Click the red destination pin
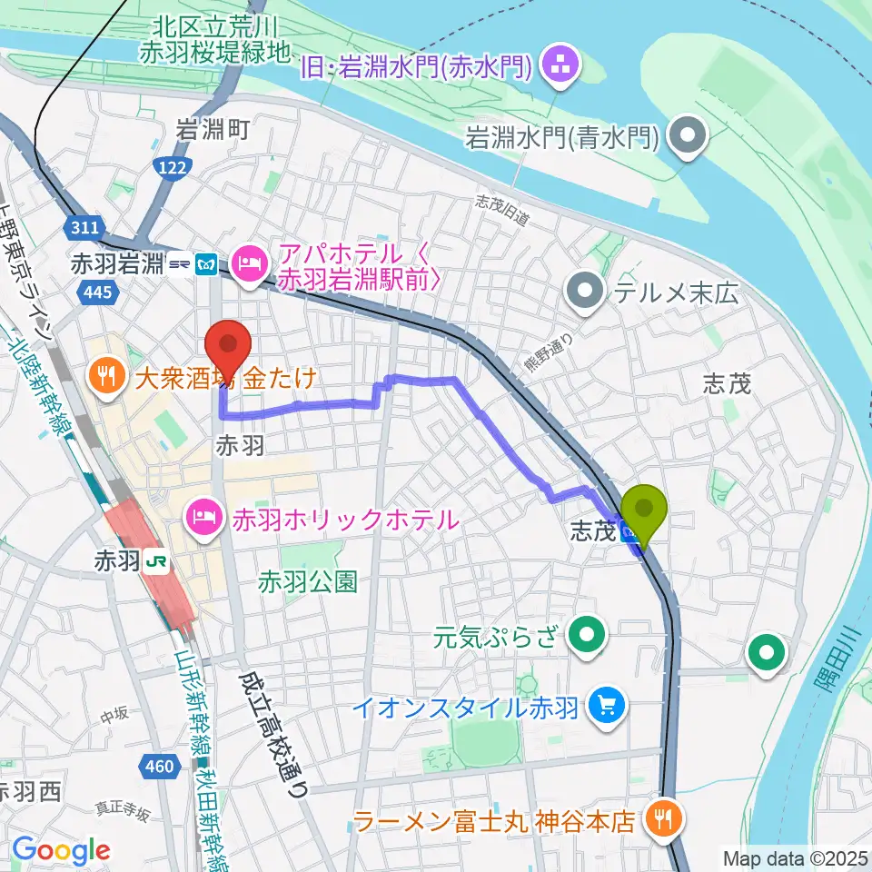(228, 345)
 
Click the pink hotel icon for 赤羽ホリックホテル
(199, 520)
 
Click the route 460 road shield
(159, 768)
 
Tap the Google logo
(61, 850)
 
